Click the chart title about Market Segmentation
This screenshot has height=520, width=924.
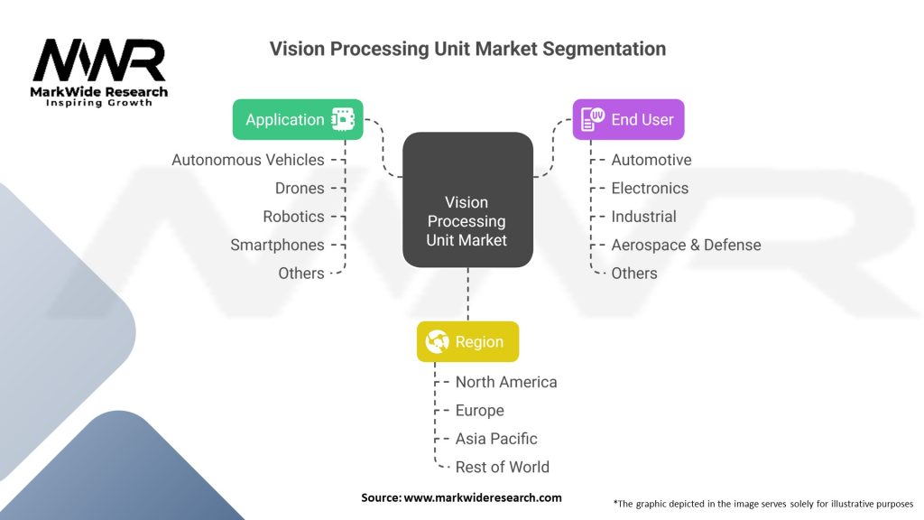click(467, 49)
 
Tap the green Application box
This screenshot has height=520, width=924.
click(298, 119)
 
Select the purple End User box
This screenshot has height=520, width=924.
click(628, 119)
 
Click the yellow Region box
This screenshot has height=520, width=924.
click(467, 341)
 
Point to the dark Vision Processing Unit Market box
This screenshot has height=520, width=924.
click(467, 200)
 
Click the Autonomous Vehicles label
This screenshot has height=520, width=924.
click(248, 160)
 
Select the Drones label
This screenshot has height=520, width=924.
click(300, 188)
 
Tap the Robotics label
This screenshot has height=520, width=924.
click(293, 217)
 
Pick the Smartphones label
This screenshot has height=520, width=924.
click(277, 245)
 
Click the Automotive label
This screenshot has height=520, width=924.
click(651, 160)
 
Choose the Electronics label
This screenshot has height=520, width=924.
click(650, 188)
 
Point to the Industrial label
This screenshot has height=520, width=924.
click(643, 217)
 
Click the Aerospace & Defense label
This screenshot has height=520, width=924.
click(686, 245)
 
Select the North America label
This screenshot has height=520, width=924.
click(506, 382)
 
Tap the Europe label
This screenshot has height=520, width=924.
click(479, 410)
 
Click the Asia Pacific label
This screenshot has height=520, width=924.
click(496, 439)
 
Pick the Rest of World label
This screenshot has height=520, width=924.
click(502, 467)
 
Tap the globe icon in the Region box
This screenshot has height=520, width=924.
click(438, 342)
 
